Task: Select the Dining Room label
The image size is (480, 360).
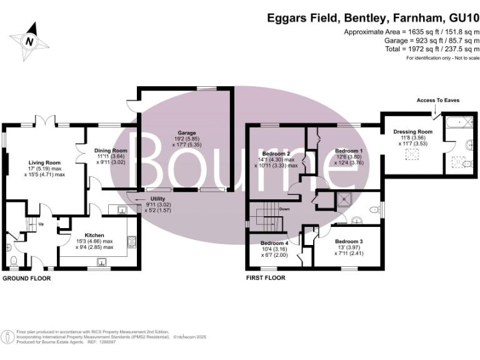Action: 111,151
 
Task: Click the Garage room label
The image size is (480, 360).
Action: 186,133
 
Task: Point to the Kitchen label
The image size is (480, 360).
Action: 86,235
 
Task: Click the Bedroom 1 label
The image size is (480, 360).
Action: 348,151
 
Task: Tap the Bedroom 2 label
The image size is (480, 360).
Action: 276,154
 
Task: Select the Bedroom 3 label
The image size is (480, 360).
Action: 348,241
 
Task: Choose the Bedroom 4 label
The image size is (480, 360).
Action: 274,243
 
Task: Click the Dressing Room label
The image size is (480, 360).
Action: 412,132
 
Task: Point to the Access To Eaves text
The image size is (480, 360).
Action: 434,100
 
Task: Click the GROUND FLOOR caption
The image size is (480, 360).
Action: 26,277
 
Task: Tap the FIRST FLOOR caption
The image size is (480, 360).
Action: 265,277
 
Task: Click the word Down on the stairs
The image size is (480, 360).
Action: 284,209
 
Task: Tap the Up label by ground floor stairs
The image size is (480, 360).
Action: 42,223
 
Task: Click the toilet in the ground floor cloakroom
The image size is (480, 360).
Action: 12,261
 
